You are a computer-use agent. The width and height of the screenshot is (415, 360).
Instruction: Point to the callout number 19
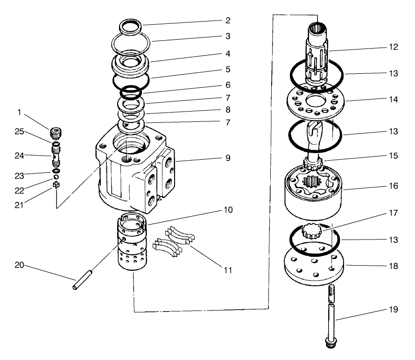392,310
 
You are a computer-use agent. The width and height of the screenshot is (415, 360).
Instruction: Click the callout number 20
20,265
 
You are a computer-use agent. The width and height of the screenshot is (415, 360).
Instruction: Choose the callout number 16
392,186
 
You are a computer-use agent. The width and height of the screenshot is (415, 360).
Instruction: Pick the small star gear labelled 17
310,231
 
